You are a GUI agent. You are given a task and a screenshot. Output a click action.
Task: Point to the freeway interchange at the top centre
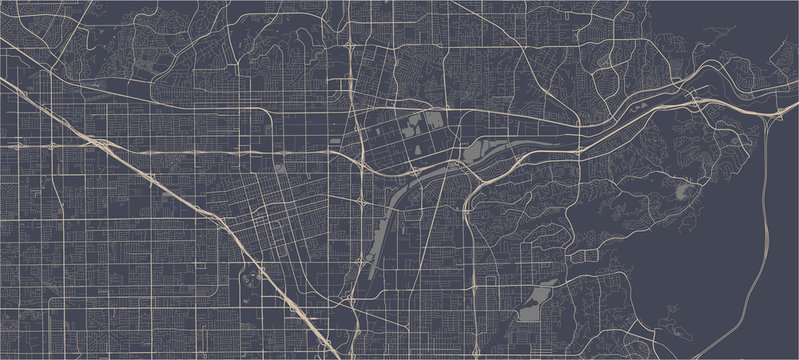coord(355,47)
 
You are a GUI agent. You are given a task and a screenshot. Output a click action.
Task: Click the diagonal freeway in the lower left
coord(240,250)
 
